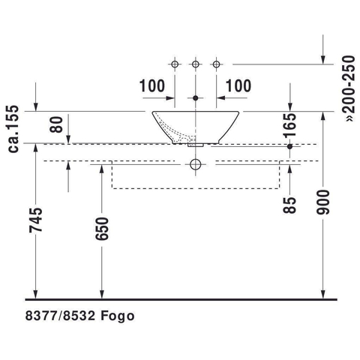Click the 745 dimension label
(36, 220)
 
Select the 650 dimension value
(102, 229)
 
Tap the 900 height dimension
(323, 202)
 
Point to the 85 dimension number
(289, 205)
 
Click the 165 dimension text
(289, 125)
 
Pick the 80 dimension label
(56, 124)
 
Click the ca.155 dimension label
(13, 129)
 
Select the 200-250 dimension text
(349, 88)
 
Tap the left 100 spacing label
(152, 85)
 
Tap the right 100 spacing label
(238, 85)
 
